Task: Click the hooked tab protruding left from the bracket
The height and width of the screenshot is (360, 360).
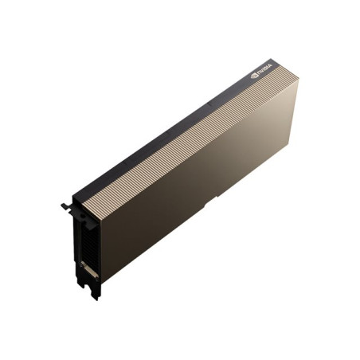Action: (65, 206)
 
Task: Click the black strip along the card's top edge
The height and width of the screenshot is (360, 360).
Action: (159, 127)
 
